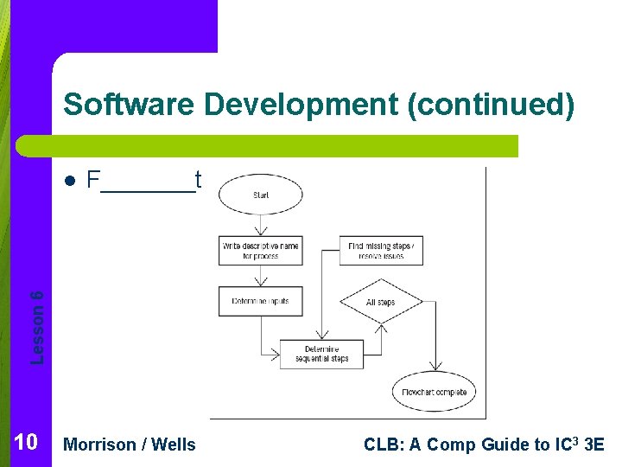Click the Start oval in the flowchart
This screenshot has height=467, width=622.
[x=261, y=195]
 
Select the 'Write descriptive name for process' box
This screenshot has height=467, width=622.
[x=261, y=251]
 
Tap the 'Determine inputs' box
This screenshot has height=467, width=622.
[x=261, y=302]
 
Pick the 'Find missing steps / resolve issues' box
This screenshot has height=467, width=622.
[x=380, y=251]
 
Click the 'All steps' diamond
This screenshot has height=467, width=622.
[x=380, y=302]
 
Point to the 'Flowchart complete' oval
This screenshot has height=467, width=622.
[x=434, y=393]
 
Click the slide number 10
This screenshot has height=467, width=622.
[x=26, y=444]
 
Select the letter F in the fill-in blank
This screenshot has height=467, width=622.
[x=94, y=181]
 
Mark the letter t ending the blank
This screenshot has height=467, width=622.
[x=198, y=181]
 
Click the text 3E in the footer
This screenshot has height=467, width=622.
[x=595, y=445]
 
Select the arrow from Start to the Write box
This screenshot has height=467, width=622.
[x=261, y=225]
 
